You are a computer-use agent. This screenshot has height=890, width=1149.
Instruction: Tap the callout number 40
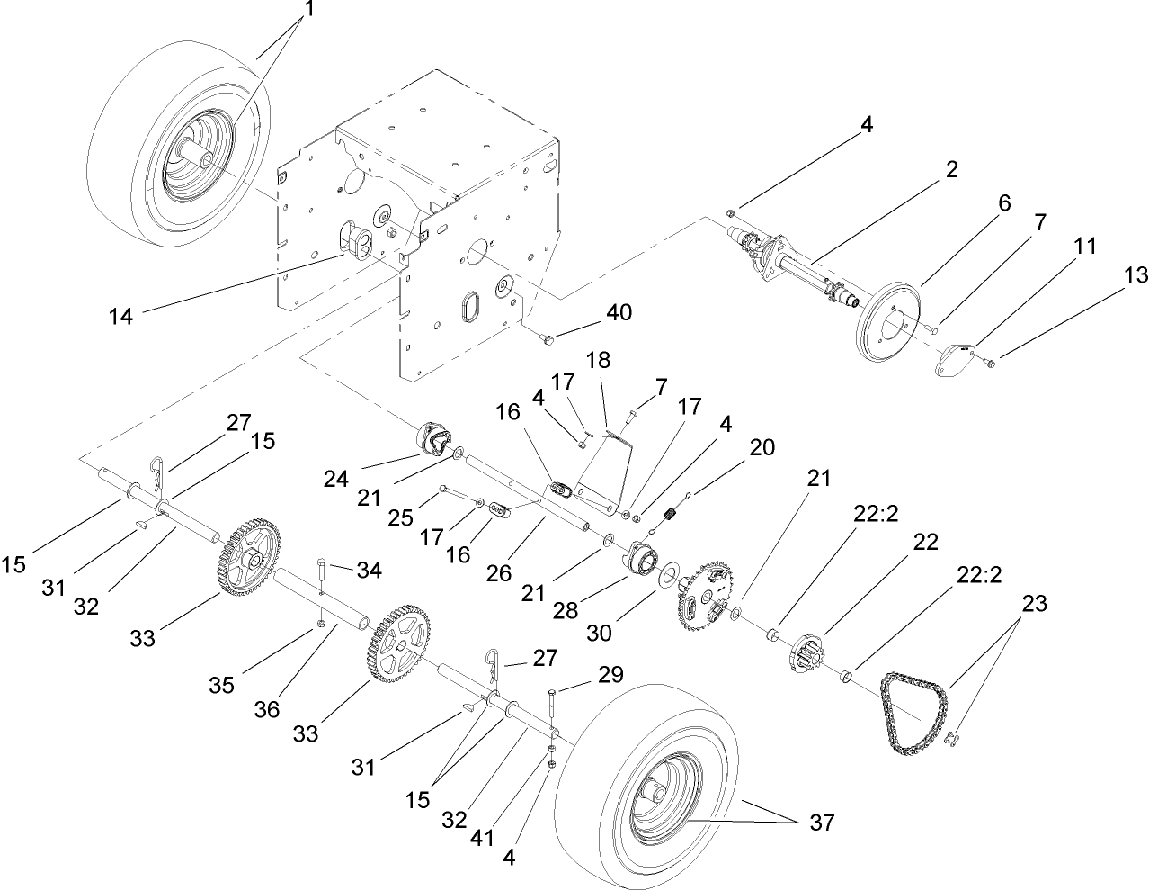(x=619, y=314)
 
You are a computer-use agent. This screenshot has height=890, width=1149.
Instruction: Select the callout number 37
(x=821, y=823)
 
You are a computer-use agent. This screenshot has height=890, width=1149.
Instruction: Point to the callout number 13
(x=1136, y=276)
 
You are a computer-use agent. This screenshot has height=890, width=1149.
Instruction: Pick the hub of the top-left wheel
(x=203, y=159)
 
